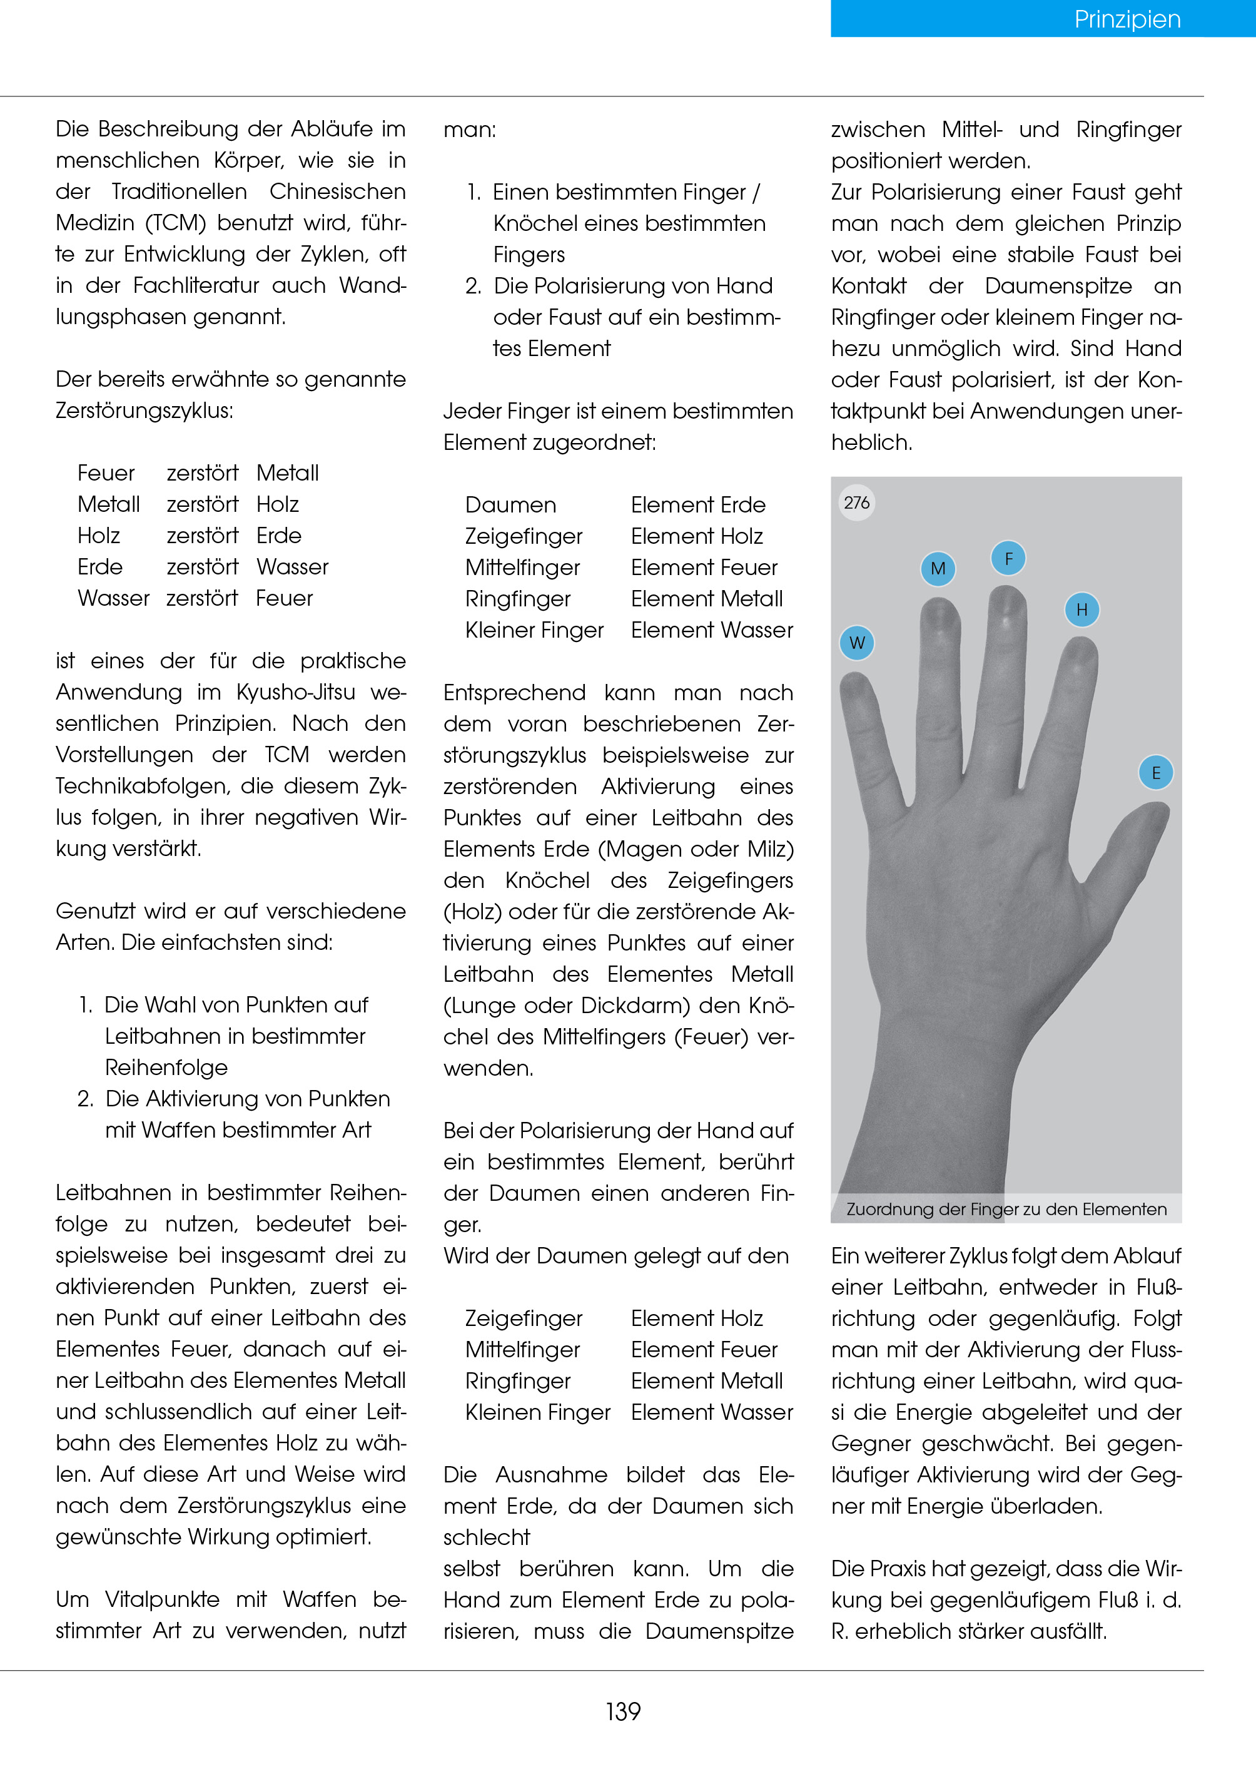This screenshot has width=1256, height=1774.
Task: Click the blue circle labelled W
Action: pos(857,643)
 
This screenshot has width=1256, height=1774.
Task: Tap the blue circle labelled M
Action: pos(938,569)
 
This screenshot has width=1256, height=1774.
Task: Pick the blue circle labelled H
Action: pos(1082,609)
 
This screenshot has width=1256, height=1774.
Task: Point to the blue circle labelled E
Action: pos(1156,773)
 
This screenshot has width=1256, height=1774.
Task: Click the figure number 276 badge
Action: pos(857,503)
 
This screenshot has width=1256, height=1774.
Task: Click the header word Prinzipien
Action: pos(1127,19)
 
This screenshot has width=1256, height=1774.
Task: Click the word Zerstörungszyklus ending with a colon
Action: pos(144,411)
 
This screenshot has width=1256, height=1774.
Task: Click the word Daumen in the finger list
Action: pos(510,505)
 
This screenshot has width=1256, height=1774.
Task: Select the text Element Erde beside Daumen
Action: pos(697,505)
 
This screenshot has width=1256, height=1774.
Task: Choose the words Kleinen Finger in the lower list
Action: pos(537,1413)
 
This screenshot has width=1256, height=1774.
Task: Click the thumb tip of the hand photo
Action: pos(1155,812)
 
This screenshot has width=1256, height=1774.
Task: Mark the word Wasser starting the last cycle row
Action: pos(114,599)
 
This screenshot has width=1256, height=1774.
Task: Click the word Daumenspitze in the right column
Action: pos(1058,286)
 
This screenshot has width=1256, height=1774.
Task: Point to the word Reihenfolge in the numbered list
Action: pos(166,1068)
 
